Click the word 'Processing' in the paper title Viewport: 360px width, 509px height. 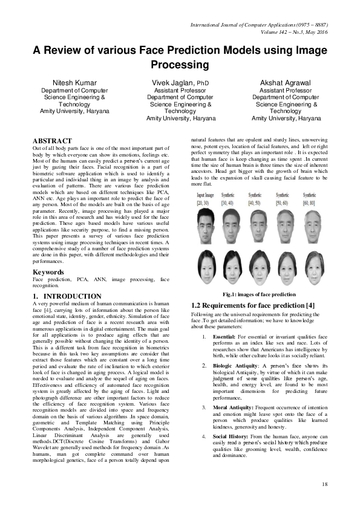coord(180,65)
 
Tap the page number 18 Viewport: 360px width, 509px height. coord(324,484)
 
